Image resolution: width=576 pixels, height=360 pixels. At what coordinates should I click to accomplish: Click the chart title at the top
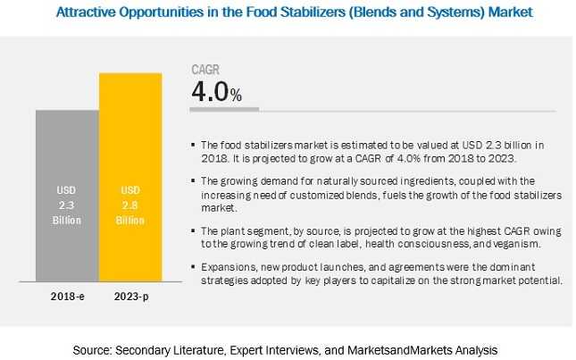tap(288, 13)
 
